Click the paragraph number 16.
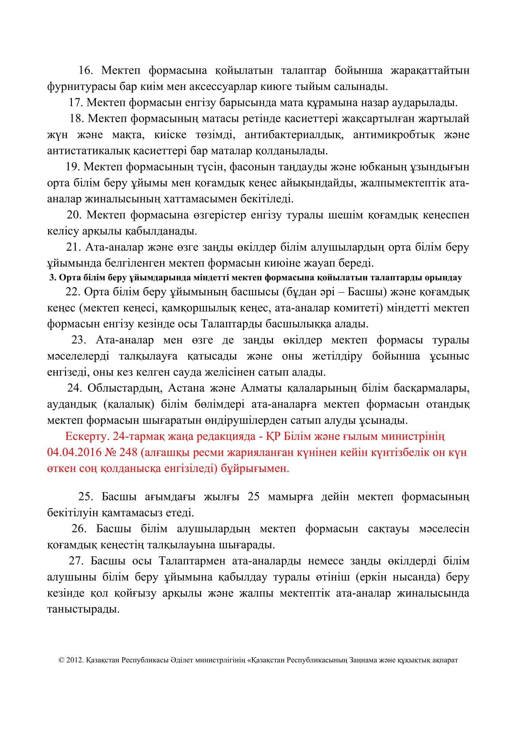[85, 70]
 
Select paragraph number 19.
[73, 167]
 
